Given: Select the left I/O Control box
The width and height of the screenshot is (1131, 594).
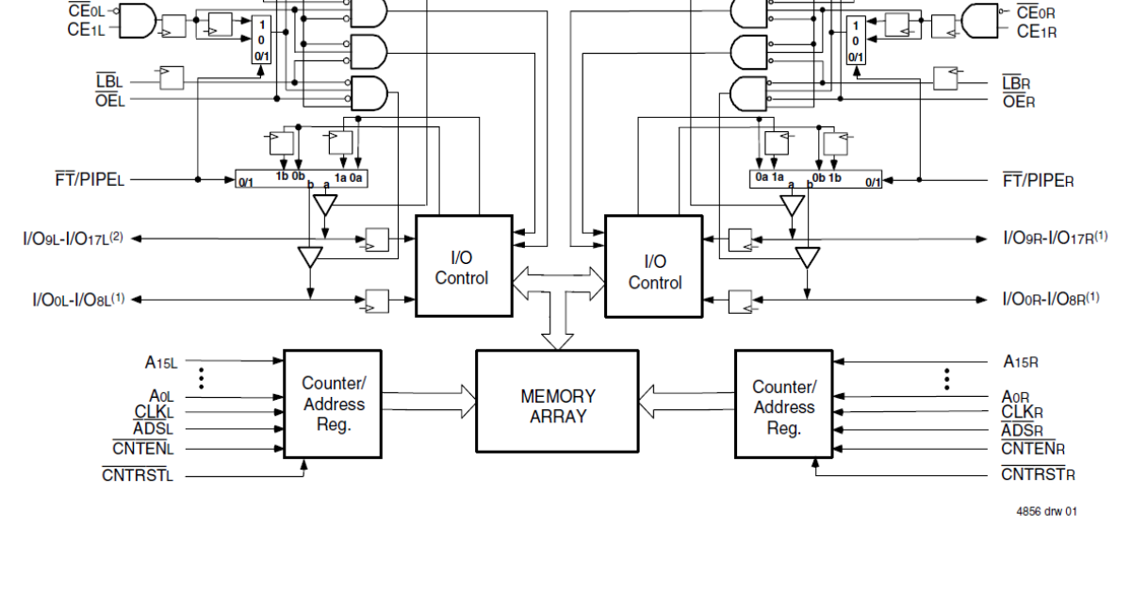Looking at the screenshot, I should click(464, 267).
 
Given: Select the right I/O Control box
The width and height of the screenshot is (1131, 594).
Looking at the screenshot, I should click(654, 272).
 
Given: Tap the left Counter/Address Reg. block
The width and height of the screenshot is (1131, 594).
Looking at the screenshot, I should click(333, 404).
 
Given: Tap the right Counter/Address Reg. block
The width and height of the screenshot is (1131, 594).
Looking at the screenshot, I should click(783, 407).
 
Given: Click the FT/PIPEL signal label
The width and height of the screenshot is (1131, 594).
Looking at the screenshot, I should click(90, 179).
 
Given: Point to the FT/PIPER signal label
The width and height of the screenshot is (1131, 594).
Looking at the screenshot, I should click(1038, 179).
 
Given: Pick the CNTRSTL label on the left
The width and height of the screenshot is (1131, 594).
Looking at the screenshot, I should click(138, 475).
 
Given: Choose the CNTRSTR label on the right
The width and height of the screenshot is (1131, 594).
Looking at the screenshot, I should click(1038, 473).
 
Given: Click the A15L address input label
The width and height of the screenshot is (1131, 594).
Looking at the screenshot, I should click(160, 361).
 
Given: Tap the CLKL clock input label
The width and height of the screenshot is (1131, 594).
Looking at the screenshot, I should click(154, 413).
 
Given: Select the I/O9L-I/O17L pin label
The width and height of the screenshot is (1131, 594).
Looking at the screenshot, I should click(73, 239).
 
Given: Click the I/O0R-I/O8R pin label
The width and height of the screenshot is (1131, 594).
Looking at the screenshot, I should click(1050, 299).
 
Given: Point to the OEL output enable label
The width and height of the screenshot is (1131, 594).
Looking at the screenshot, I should click(109, 100).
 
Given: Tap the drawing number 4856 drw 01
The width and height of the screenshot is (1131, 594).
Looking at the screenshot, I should click(1046, 512).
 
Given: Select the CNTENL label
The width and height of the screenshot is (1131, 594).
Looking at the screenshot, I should click(144, 449).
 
